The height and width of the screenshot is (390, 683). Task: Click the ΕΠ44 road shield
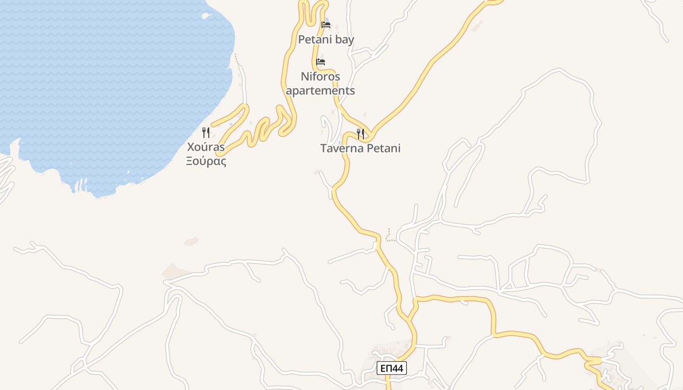tap(392, 368)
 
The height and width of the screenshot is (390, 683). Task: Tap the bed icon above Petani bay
tap(326, 24)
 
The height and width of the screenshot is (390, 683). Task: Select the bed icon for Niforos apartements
tap(321, 62)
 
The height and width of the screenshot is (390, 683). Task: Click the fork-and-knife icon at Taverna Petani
tap(361, 134)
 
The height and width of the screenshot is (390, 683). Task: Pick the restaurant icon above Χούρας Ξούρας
tap(206, 132)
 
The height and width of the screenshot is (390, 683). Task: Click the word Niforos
tap(321, 77)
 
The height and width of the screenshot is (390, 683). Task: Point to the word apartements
tap(321, 91)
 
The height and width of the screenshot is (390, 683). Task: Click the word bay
tap(344, 39)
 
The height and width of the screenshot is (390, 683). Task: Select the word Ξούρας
tap(206, 161)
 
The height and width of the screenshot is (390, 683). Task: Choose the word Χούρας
tap(206, 147)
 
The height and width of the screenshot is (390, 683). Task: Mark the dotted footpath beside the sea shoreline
tap(237, 59)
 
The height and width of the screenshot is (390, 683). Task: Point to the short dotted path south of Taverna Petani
tap(389, 236)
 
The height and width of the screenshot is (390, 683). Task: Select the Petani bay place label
tap(326, 39)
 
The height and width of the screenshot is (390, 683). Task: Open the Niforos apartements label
tap(321, 83)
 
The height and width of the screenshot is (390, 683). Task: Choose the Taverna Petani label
tap(361, 148)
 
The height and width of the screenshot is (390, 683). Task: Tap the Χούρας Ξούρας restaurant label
tap(206, 154)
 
